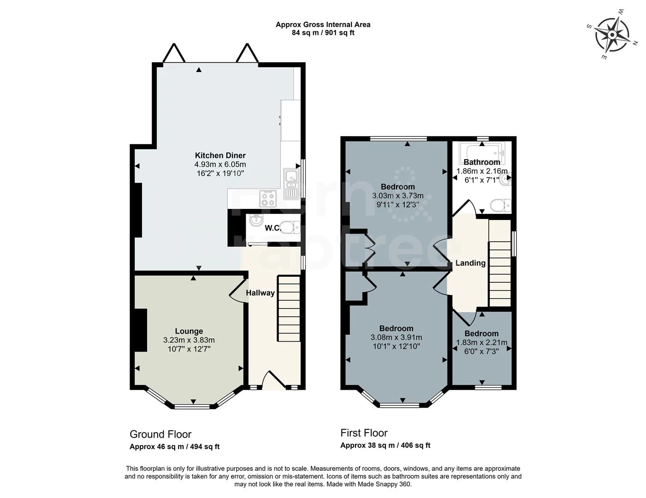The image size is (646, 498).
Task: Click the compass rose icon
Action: [x=612, y=35]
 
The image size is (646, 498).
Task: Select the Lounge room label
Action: [x=189, y=331]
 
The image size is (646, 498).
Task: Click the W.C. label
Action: [x=273, y=228]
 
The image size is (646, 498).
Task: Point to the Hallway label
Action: [x=260, y=293]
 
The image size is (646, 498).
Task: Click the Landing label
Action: [x=470, y=263]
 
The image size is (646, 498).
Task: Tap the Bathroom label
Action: [x=481, y=162]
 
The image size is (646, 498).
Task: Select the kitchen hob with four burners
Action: [x=268, y=199]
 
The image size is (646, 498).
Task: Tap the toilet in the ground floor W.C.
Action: [x=290, y=227]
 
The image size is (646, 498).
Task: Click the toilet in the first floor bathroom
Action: [x=500, y=204]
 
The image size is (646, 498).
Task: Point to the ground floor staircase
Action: [x=289, y=309]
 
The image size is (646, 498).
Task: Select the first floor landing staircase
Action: [x=499, y=263]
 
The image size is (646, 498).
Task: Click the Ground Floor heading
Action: [x=160, y=434]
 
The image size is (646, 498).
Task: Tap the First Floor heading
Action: [x=364, y=433]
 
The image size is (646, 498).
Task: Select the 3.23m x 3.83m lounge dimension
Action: [x=189, y=340]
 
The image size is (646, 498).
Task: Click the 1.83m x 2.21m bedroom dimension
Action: [x=481, y=343]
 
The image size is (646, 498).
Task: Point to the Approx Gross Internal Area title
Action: [x=323, y=24]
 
